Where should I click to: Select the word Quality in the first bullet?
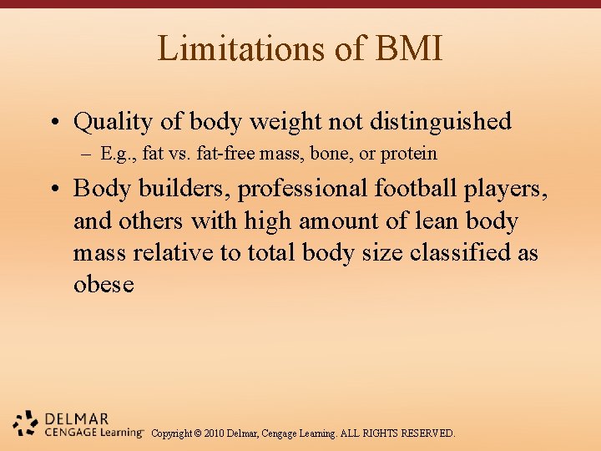point(114,122)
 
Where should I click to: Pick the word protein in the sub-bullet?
point(408,154)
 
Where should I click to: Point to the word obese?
point(104,285)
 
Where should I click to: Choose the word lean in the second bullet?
point(438,221)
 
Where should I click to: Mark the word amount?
point(326,221)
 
